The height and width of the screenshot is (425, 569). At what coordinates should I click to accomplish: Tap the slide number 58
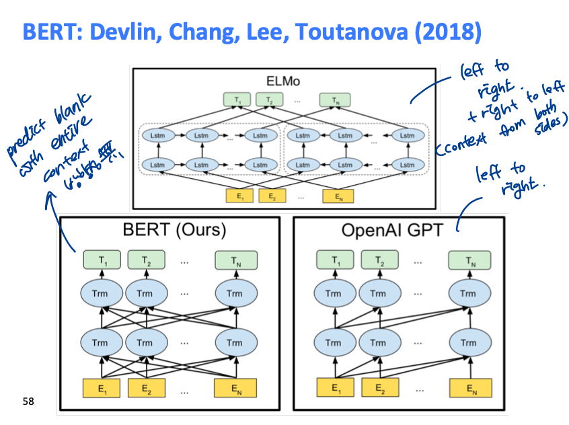point(28,401)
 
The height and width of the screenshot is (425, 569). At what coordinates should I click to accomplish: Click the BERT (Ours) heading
point(174,230)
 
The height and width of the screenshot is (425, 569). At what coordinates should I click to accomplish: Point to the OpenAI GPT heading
point(392,230)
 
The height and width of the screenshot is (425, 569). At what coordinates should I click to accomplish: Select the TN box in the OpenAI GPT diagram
point(469,260)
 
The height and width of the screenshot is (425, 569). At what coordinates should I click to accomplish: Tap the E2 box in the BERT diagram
point(145,388)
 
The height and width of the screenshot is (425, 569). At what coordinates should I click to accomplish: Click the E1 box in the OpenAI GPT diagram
point(334,388)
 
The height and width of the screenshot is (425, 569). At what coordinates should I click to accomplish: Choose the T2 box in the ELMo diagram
point(269,100)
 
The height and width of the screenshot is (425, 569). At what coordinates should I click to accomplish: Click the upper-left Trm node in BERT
point(102,293)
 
